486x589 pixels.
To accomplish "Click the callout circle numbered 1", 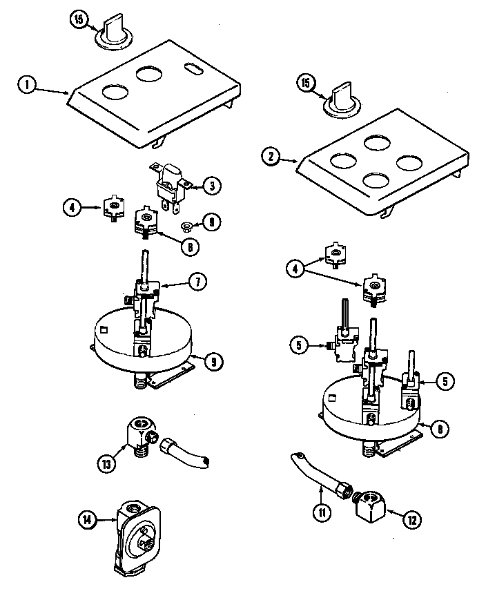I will point(26,86).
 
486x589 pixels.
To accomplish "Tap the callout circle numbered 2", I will point(271,157).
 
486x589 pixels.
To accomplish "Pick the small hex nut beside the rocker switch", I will point(186,225).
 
